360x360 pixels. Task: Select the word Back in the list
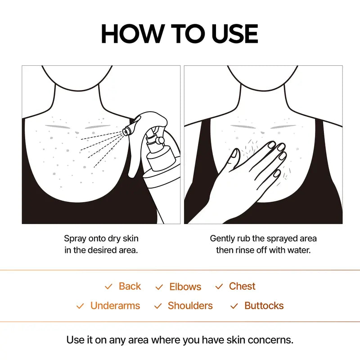[x=130, y=286]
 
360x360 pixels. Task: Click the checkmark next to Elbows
[x=159, y=287]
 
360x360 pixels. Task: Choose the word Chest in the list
[x=242, y=286]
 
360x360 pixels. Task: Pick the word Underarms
[x=115, y=306]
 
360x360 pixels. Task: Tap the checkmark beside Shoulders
[x=158, y=306]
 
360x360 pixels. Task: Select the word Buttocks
[x=264, y=306]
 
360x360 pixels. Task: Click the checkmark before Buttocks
[x=234, y=306]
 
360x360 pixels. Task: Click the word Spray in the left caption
[x=75, y=238]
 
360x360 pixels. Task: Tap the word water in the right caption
[x=298, y=250]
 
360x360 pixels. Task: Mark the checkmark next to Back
[x=108, y=287]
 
